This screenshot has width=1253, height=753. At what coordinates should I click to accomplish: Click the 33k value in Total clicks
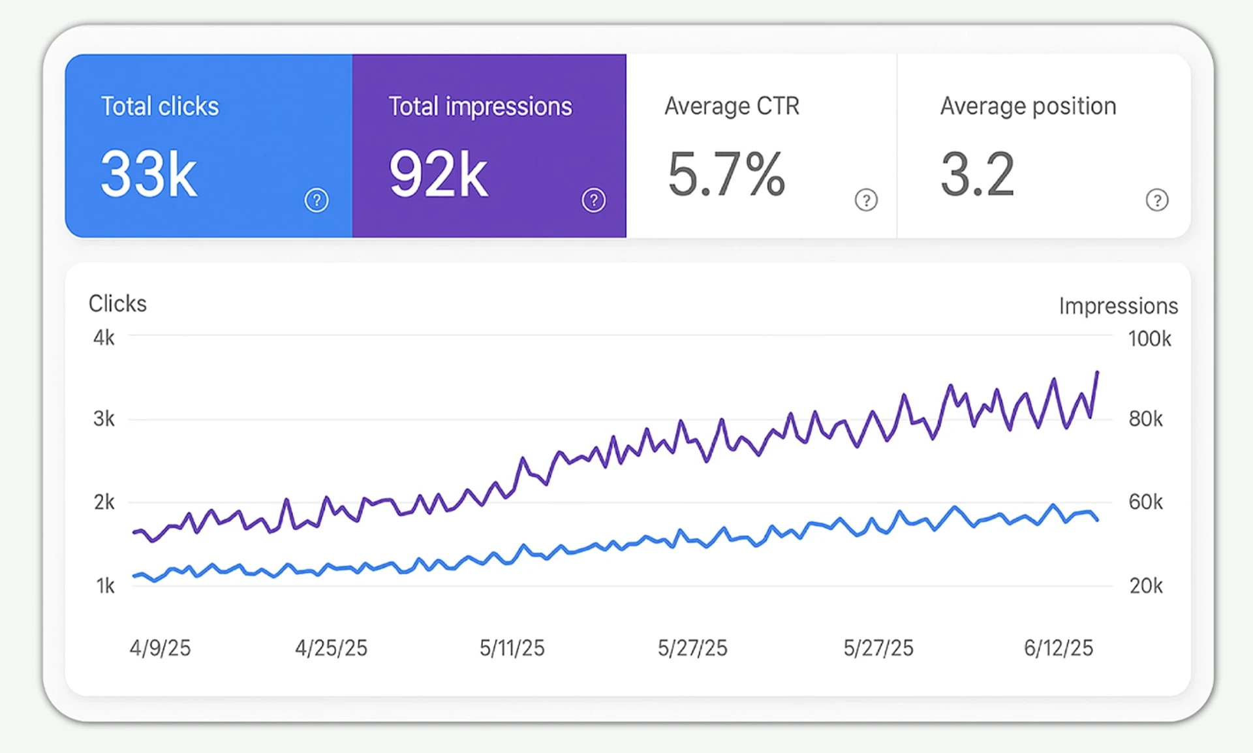pyautogui.click(x=149, y=174)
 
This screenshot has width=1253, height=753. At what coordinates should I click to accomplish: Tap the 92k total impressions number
pyautogui.click(x=438, y=174)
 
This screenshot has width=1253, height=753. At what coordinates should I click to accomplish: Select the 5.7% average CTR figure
pyautogui.click(x=726, y=174)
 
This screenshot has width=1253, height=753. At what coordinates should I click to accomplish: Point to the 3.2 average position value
pyautogui.click(x=977, y=174)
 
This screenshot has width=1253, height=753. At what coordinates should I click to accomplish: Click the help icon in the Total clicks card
pyautogui.click(x=317, y=200)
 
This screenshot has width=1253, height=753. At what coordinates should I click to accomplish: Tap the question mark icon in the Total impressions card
pyautogui.click(x=593, y=200)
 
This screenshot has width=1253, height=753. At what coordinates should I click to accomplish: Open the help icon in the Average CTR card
pyautogui.click(x=866, y=200)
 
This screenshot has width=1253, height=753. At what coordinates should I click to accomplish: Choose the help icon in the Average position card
pyautogui.click(x=1157, y=200)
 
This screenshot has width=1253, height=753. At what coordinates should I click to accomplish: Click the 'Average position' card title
pyautogui.click(x=1028, y=106)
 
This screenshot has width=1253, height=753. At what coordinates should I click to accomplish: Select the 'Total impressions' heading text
pyautogui.click(x=480, y=106)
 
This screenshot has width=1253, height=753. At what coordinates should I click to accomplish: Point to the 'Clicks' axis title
pyautogui.click(x=117, y=303)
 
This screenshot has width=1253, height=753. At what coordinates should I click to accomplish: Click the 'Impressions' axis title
pyautogui.click(x=1118, y=306)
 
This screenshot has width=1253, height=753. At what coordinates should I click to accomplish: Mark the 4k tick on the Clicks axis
pyautogui.click(x=104, y=338)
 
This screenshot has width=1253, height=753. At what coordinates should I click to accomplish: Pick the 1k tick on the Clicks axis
pyautogui.click(x=105, y=586)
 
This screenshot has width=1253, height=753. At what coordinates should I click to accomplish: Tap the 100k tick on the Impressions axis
pyautogui.click(x=1149, y=339)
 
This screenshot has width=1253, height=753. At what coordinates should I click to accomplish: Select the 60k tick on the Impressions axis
pyautogui.click(x=1145, y=502)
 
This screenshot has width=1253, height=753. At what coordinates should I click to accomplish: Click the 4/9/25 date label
pyautogui.click(x=160, y=648)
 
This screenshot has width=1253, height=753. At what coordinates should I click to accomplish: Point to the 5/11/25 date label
pyautogui.click(x=512, y=648)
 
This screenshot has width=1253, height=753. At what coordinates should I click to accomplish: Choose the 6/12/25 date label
pyautogui.click(x=1058, y=648)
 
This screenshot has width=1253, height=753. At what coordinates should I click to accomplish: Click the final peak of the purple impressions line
pyautogui.click(x=1097, y=373)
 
